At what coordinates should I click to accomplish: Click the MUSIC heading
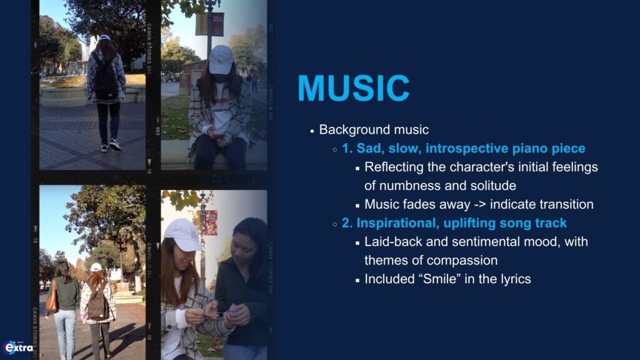click(x=354, y=87)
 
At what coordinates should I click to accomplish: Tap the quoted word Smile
click(x=438, y=279)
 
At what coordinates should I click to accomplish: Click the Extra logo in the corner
click(x=18, y=347)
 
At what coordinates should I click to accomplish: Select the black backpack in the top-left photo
click(x=106, y=77)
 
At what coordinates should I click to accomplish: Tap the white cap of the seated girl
click(x=220, y=59)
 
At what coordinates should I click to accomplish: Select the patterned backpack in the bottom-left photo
click(x=97, y=302)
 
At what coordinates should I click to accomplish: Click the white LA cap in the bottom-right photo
click(x=183, y=234)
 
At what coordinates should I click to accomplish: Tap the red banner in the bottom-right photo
click(x=211, y=223)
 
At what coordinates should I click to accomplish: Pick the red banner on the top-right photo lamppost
click(x=217, y=24)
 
